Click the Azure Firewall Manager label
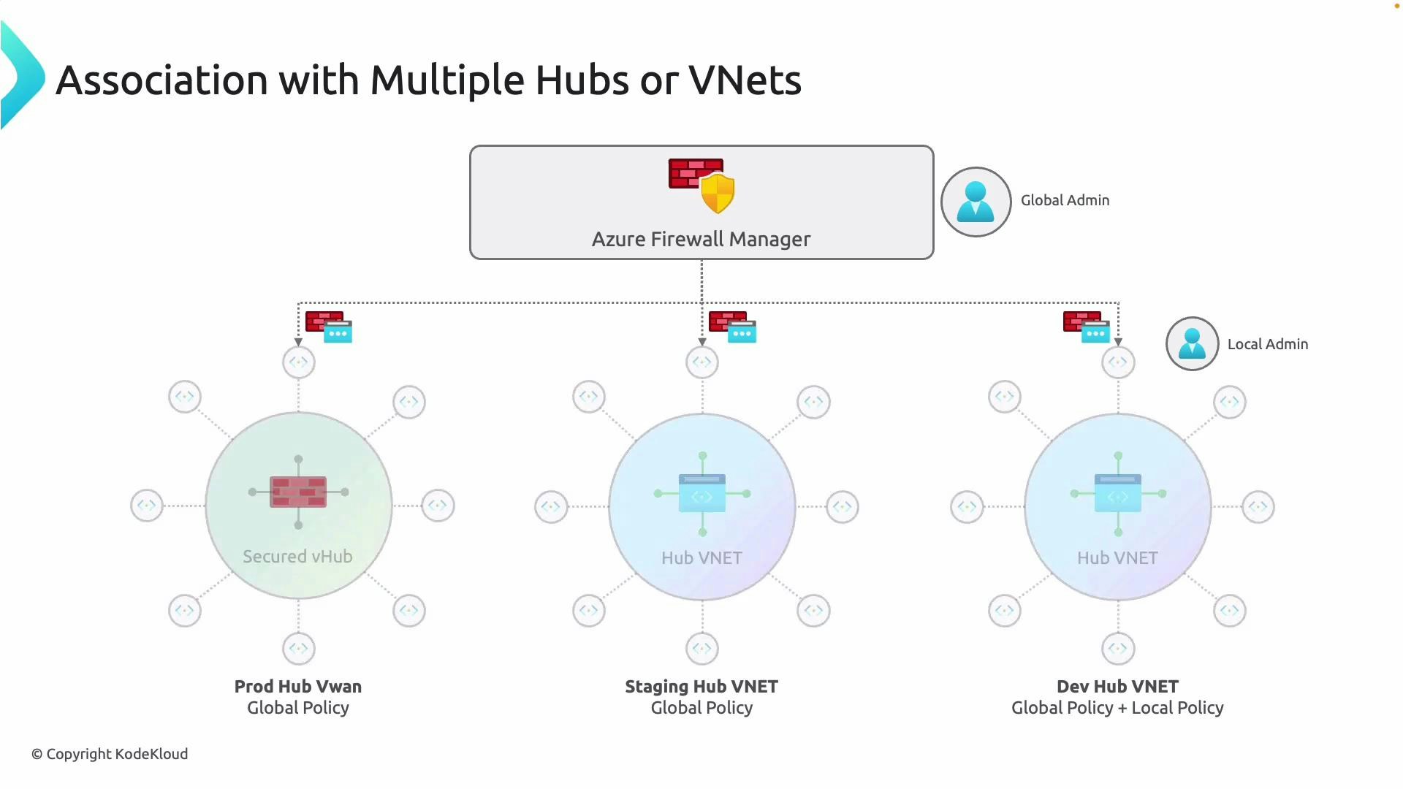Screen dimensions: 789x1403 (701, 240)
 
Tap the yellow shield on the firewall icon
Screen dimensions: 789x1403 (718, 194)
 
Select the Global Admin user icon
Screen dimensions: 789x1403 (976, 202)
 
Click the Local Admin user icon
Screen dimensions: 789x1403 (1192, 344)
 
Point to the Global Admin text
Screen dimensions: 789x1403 (1065, 200)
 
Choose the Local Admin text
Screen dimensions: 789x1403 (1267, 344)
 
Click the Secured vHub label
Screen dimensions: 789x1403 (297, 557)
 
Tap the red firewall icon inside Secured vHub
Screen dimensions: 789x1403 (298, 492)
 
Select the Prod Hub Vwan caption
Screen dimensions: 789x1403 (297, 687)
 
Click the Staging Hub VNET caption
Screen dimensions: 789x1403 (701, 687)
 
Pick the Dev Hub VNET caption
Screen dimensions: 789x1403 (1117, 687)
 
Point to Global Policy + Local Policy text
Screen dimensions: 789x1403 (1117, 708)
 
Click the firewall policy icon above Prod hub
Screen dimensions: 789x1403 (329, 327)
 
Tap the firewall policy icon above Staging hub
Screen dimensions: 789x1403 (732, 327)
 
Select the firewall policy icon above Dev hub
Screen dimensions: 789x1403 (1087, 327)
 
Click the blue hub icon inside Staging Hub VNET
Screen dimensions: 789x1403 (702, 494)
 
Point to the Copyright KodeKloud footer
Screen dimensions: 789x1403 (110, 754)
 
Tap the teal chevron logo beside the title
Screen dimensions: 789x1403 (22, 76)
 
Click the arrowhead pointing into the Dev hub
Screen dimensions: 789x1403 (1118, 342)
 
